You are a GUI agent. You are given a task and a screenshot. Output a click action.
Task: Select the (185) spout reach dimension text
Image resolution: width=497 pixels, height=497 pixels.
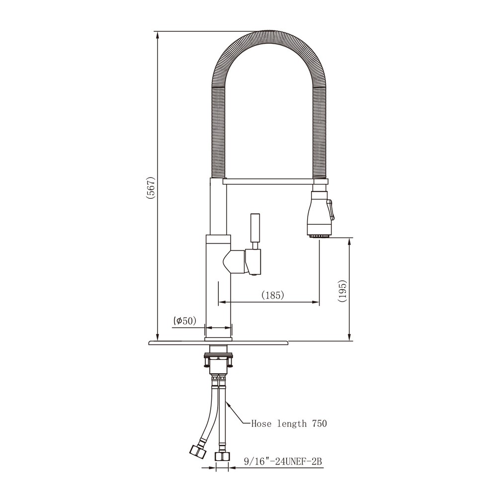click(x=272, y=295)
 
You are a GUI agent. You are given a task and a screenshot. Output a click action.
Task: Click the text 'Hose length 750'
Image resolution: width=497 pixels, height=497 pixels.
click(x=289, y=424)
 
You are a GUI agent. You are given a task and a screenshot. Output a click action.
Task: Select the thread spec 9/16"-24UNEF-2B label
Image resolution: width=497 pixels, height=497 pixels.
click(x=284, y=461)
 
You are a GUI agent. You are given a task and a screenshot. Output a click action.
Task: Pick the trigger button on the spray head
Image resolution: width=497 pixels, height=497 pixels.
click(x=331, y=209)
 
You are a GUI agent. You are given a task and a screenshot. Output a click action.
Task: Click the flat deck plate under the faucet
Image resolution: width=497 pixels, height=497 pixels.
click(x=219, y=342)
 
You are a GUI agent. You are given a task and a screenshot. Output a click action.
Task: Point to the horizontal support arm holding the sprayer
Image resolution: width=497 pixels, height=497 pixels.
click(x=268, y=182)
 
